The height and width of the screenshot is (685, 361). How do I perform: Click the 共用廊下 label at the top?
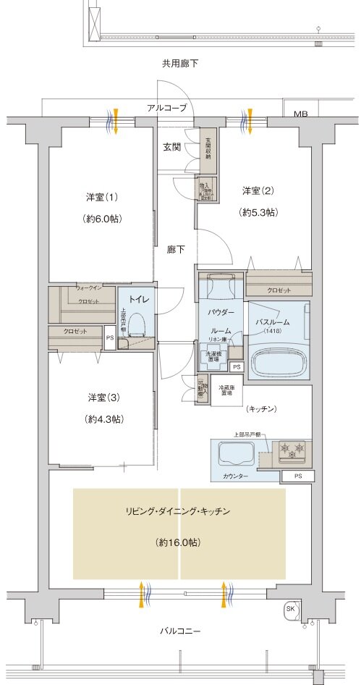[x=179, y=64]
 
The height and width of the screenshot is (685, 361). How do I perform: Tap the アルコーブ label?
[x=166, y=108]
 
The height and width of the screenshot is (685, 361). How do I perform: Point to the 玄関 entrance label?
[x=171, y=146]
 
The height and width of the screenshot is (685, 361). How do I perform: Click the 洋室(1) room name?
[x=102, y=196]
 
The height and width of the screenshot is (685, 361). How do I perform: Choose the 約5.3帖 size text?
[x=258, y=212]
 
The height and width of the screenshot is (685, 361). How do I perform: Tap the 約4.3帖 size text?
[x=102, y=419]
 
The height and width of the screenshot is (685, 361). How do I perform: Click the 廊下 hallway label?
[x=176, y=250]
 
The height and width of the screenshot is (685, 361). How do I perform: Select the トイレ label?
[x=139, y=299]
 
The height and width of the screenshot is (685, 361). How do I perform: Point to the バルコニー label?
[x=179, y=629]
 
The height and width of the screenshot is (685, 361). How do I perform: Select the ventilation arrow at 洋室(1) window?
[x=114, y=122]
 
